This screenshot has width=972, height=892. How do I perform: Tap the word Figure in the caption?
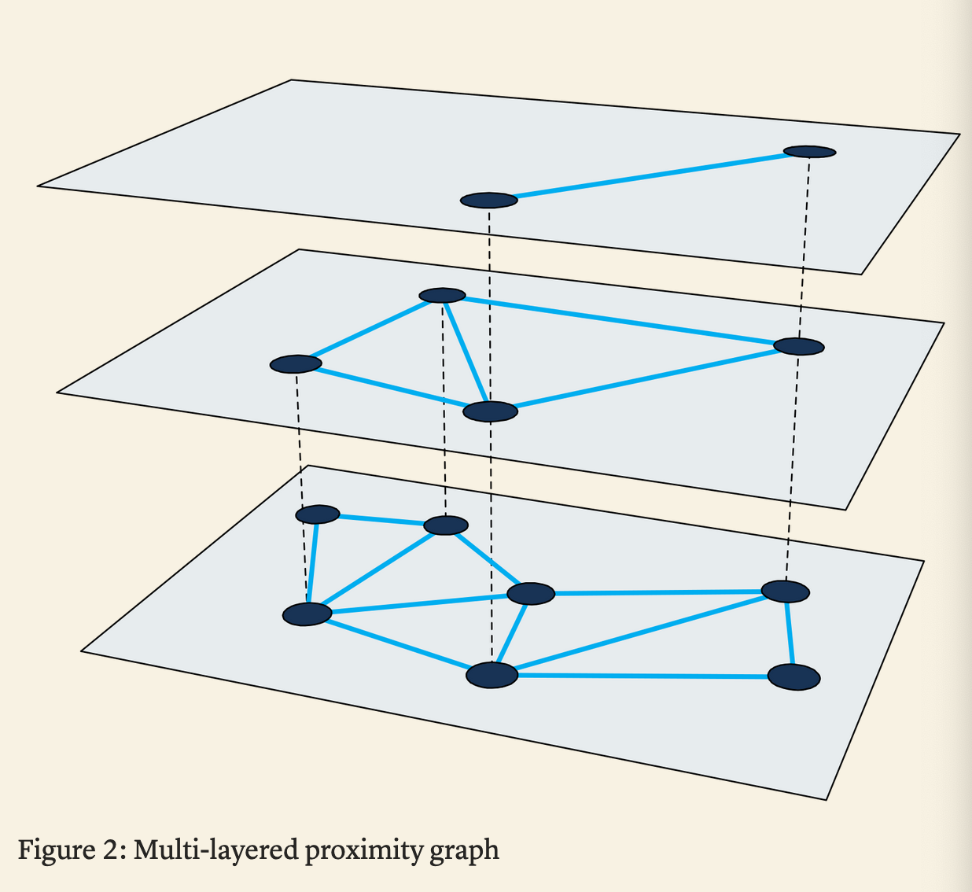pos(56,850)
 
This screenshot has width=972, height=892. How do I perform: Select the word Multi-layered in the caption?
pos(215,850)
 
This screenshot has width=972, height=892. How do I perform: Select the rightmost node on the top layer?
pos(810,152)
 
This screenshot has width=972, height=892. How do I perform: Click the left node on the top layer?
pos(489,201)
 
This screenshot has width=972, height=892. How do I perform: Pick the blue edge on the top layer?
pos(650,176)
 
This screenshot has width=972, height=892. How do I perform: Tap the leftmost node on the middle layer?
pos(296,364)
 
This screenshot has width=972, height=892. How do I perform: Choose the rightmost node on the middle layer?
pos(799,347)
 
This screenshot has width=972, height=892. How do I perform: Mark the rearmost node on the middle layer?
pos(443,295)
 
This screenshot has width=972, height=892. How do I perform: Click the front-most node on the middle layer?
pos(491,411)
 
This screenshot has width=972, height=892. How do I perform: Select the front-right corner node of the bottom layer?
pos(794,677)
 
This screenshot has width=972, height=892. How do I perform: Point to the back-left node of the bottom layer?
pos(318,514)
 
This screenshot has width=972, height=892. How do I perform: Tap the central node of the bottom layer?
pos(531,593)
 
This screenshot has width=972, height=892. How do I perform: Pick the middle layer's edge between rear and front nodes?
pos(466,352)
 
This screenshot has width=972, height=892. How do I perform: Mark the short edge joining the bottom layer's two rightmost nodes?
pos(790,634)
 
